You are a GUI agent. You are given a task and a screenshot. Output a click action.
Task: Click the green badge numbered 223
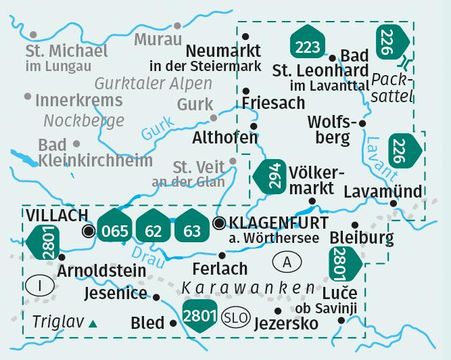(x=308, y=43)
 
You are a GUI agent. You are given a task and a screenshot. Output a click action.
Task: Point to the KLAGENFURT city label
(x=279, y=223)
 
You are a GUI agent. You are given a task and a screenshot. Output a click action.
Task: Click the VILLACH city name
(x=57, y=215)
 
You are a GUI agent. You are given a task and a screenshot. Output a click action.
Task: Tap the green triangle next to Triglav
(x=92, y=324)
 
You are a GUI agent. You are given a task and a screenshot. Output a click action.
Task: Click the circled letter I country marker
(x=41, y=286)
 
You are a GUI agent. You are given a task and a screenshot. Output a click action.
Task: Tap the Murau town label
(x=158, y=39)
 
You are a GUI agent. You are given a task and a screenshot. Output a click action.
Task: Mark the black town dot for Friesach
(x=246, y=90)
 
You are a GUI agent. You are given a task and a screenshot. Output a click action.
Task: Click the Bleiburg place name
(x=362, y=238)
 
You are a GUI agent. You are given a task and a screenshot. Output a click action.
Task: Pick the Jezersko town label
(x=285, y=323)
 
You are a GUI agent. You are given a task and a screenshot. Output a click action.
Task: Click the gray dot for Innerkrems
(x=27, y=97)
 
